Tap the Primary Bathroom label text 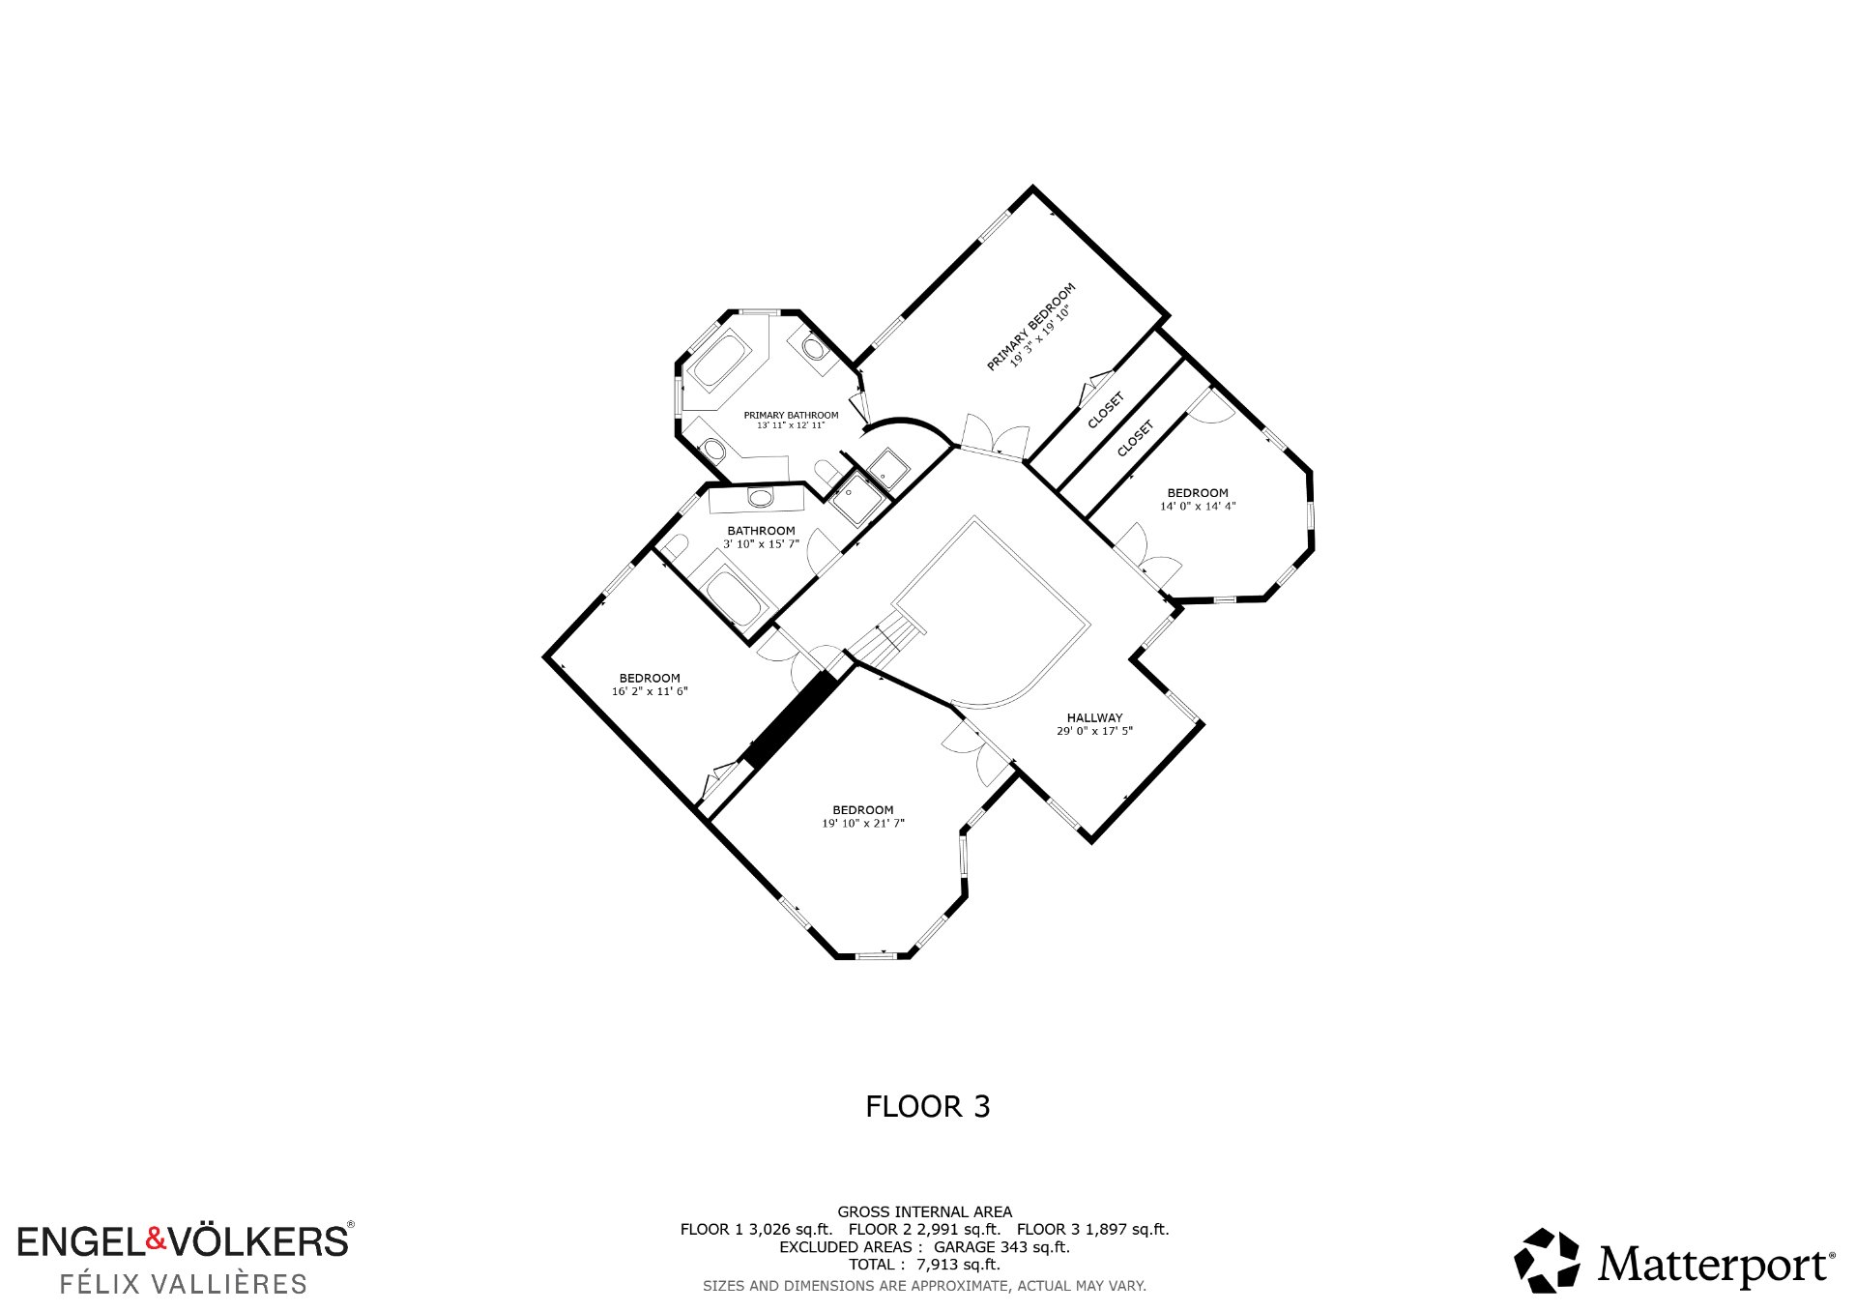pyautogui.click(x=791, y=415)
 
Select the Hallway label pyautogui.click(x=1094, y=717)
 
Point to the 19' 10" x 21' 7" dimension pyautogui.click(x=863, y=824)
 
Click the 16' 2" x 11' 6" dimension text pyautogui.click(x=650, y=691)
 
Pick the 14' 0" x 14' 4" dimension pyautogui.click(x=1198, y=506)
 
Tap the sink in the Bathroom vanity pyautogui.click(x=761, y=498)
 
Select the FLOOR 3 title pyautogui.click(x=928, y=1106)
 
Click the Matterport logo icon pyautogui.click(x=1547, y=1260)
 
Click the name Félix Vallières pyautogui.click(x=184, y=1284)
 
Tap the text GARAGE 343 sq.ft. pyautogui.click(x=1001, y=1247)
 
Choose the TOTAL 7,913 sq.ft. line pyautogui.click(x=924, y=1265)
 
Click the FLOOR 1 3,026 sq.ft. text pyautogui.click(x=756, y=1230)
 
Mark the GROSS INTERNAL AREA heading pyautogui.click(x=925, y=1211)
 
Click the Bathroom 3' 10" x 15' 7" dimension pyautogui.click(x=761, y=544)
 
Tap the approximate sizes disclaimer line pyautogui.click(x=924, y=1286)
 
